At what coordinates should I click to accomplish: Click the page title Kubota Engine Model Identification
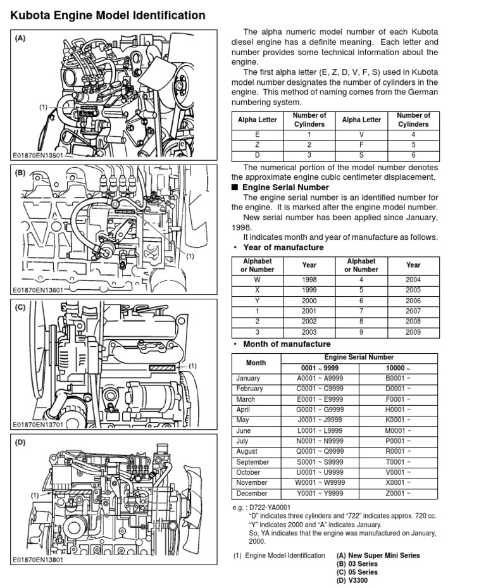tap(107, 15)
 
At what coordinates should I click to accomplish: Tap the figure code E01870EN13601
tap(39, 291)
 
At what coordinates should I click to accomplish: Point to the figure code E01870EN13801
tap(39, 560)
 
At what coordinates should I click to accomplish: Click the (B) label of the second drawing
tap(20, 172)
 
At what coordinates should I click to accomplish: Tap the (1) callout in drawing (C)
tap(193, 366)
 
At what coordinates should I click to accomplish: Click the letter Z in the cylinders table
tap(257, 145)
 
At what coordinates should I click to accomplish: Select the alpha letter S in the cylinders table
tap(361, 155)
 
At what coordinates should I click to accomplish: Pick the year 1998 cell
tap(309, 280)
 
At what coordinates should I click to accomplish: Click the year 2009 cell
tap(413, 332)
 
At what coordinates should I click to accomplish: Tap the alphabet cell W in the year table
tap(257, 280)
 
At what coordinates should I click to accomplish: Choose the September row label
tap(252, 462)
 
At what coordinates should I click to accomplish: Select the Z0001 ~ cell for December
tap(399, 493)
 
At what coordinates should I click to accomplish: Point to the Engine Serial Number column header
tap(359, 357)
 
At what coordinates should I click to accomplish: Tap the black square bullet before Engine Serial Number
tap(235, 187)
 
